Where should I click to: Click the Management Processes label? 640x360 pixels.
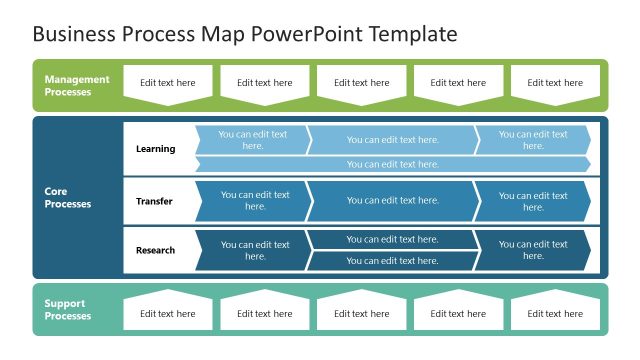77,85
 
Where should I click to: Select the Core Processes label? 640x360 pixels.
67,197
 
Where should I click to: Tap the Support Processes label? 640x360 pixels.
68,309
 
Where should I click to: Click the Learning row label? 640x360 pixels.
155,149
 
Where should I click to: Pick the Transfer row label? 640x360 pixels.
154,201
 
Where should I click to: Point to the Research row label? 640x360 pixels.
155,250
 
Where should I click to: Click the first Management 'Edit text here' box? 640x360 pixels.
168,84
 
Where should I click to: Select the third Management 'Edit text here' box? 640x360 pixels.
362,84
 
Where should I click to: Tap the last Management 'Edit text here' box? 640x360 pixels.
555,84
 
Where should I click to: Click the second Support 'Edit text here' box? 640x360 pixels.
265,313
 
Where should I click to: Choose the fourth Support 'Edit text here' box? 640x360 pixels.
458,313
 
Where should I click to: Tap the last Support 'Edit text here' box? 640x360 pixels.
555,313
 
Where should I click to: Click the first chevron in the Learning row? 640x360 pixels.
252,140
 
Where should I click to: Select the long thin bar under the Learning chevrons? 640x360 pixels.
392,164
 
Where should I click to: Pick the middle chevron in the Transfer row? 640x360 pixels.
392,201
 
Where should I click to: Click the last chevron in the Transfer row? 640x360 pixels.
533,201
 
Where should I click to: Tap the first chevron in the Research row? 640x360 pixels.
252,250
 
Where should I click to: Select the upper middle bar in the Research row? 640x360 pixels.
392,239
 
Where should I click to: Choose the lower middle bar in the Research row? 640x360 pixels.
392,261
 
